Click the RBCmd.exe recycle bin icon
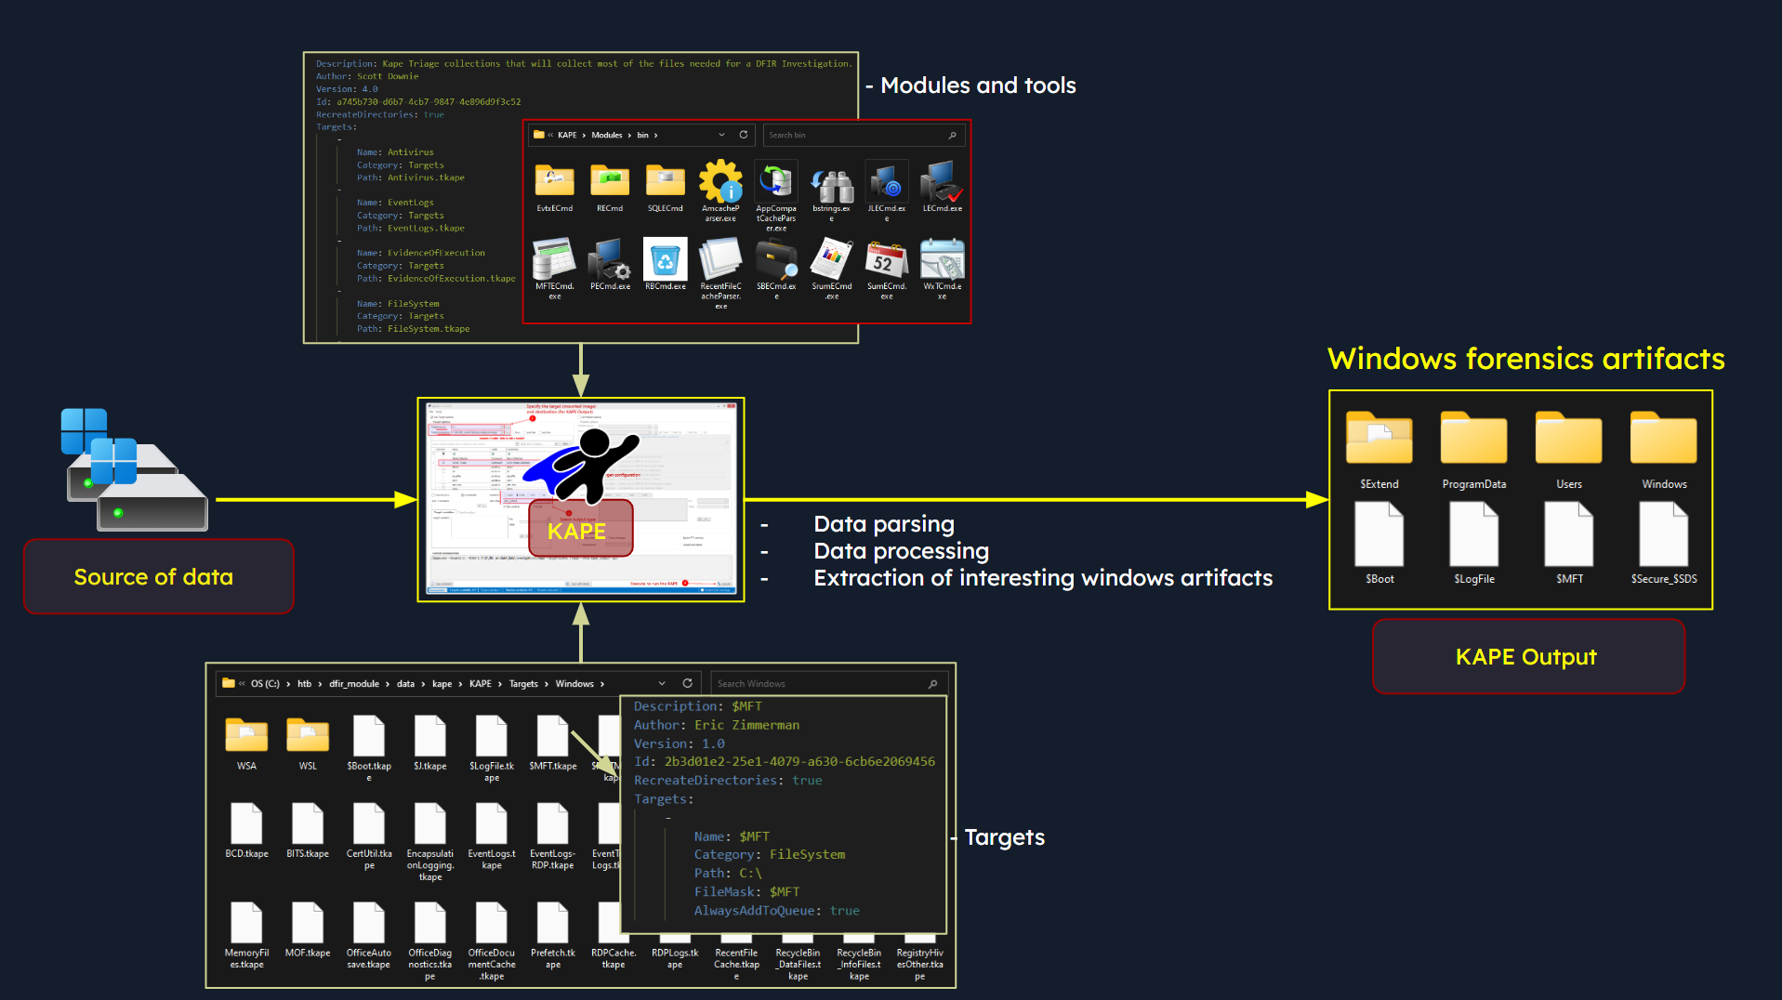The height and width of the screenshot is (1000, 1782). pos(665,260)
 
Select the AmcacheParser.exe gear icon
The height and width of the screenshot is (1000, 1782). pos(720,181)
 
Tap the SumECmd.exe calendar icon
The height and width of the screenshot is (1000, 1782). pos(886,260)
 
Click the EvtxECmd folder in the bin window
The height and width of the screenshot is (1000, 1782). pos(554,180)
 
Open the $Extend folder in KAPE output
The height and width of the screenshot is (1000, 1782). pos(1379,440)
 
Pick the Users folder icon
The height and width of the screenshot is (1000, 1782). pos(1568,440)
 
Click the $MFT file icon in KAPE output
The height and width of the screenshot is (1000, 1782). pos(1568,534)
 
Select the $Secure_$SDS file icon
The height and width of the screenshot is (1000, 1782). pos(1663,534)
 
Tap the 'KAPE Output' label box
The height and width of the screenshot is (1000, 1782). pos(1527,657)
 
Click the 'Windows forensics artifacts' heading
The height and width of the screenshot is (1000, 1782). pos(1525,359)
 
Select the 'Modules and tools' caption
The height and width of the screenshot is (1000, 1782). pos(977,86)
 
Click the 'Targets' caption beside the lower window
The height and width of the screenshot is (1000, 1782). pos(1004,837)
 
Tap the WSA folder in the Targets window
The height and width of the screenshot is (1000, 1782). pos(246,736)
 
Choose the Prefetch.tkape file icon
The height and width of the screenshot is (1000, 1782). pos(552,923)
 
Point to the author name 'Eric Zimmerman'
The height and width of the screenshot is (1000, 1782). pos(746,725)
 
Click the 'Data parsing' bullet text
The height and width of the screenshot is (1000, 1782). pos(883,524)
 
